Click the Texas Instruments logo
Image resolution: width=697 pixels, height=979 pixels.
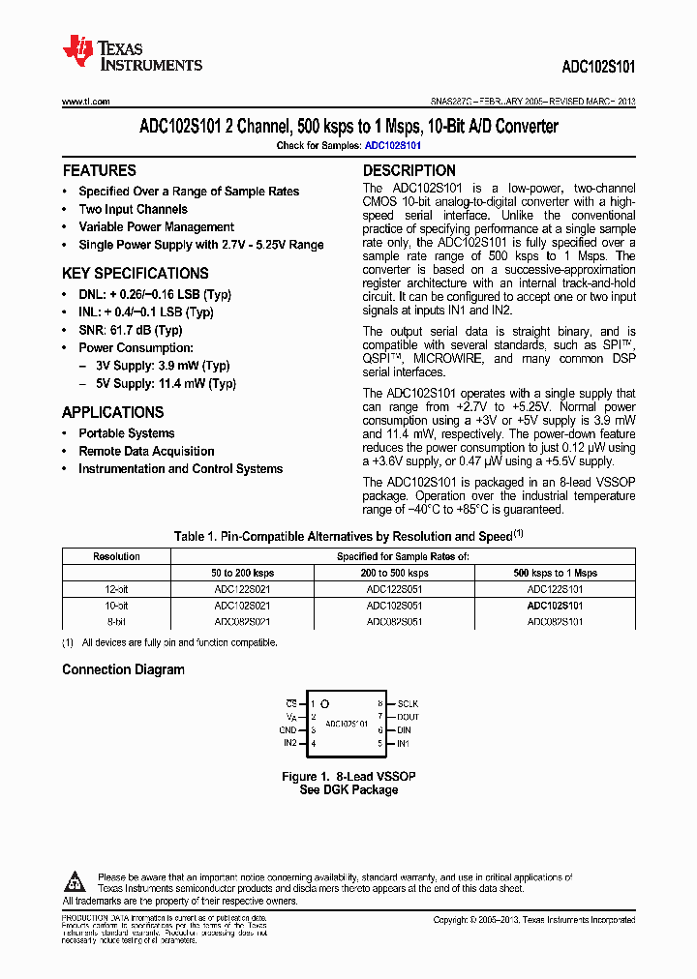132,53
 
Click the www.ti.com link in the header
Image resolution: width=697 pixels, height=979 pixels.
86,102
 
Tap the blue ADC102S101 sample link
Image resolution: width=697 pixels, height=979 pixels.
393,145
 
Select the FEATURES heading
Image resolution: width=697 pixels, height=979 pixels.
99,170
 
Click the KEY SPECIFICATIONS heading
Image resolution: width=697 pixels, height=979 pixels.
135,273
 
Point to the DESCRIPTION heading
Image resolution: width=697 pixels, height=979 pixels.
409,170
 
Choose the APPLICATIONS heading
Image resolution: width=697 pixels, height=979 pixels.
112,412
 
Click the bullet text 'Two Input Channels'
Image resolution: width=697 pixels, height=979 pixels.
133,209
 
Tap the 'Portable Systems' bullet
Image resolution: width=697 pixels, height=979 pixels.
126,433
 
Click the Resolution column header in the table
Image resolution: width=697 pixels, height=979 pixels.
116,556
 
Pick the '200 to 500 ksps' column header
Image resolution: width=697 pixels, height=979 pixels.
394,573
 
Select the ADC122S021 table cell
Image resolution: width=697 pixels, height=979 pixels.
242,588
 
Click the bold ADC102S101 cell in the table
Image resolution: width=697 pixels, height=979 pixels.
555,605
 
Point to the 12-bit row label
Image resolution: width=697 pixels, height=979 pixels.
116,588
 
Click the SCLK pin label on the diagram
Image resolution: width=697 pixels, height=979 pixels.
408,703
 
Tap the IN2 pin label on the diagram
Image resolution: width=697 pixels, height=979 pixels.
290,744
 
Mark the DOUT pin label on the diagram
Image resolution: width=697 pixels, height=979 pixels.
409,717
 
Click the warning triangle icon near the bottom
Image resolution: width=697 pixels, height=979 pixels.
76,880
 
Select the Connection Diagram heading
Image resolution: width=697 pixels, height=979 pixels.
123,669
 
